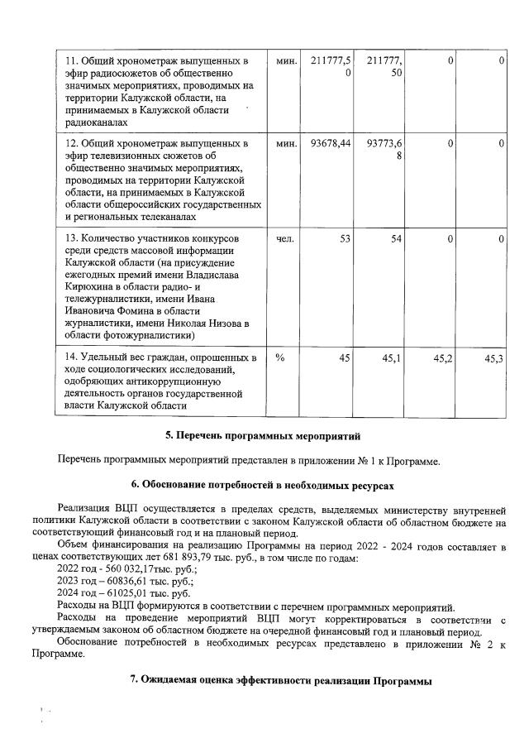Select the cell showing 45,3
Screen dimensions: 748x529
click(x=495, y=357)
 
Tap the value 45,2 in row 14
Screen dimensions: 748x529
click(x=443, y=357)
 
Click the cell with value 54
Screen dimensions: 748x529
click(x=395, y=239)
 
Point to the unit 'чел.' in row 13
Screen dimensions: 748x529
click(x=284, y=239)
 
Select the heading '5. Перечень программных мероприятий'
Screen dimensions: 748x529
click(x=264, y=435)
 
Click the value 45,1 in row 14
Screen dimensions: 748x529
click(x=391, y=357)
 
